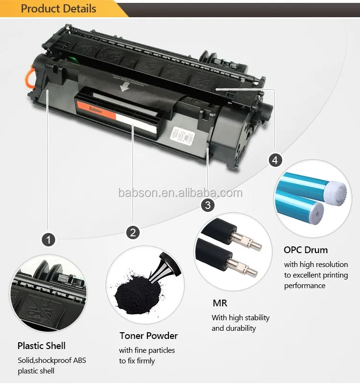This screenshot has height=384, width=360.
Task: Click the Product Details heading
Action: (59, 9)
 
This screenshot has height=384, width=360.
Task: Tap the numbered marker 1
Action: (48, 238)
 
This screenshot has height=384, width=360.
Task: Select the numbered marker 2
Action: (133, 233)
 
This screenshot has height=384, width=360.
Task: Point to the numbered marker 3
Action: (207, 205)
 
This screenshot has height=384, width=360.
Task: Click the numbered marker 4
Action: (275, 160)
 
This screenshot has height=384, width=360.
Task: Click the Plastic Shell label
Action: (41, 346)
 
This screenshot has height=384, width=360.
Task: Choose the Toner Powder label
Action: (148, 336)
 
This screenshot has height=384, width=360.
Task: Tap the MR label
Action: (219, 303)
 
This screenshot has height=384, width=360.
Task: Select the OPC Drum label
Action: (306, 250)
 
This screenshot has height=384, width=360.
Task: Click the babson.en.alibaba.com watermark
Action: (180, 193)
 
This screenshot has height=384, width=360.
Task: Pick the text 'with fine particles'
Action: (147, 350)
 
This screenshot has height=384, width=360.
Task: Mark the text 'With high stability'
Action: (240, 318)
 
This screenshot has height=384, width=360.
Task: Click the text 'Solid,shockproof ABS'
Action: (52, 360)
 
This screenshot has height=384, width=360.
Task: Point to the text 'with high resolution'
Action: (316, 265)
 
